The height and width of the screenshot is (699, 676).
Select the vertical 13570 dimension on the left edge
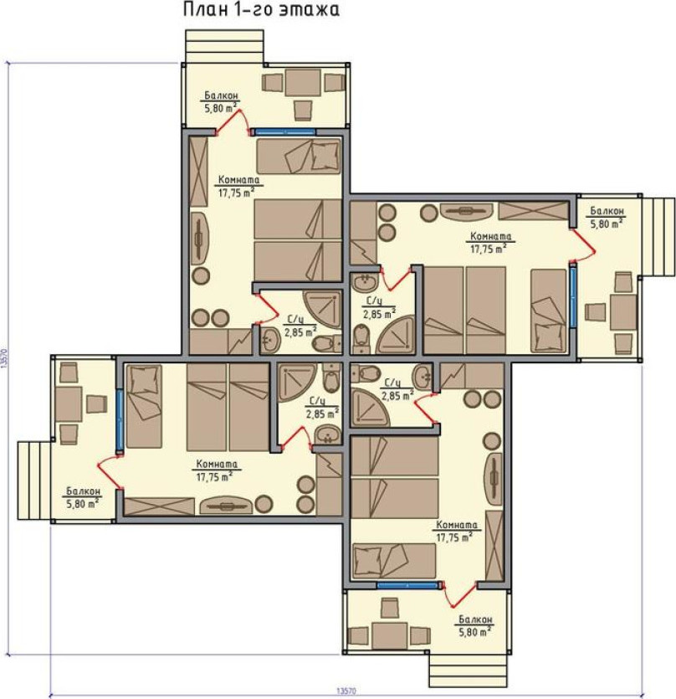(x=5, y=357)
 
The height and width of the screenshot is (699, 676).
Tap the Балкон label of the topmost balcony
(x=221, y=95)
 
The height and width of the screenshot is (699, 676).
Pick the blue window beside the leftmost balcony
(x=120, y=420)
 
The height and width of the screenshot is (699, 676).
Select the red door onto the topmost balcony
(x=232, y=121)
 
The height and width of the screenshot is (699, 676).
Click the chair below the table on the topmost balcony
(x=303, y=110)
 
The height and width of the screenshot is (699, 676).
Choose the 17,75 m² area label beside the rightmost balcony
(x=489, y=249)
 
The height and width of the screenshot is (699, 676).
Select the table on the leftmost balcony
(x=69, y=404)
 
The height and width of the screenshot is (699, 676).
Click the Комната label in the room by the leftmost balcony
(x=217, y=464)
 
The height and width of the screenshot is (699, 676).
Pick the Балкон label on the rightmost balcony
(x=607, y=211)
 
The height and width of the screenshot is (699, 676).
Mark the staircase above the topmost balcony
(x=224, y=46)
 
